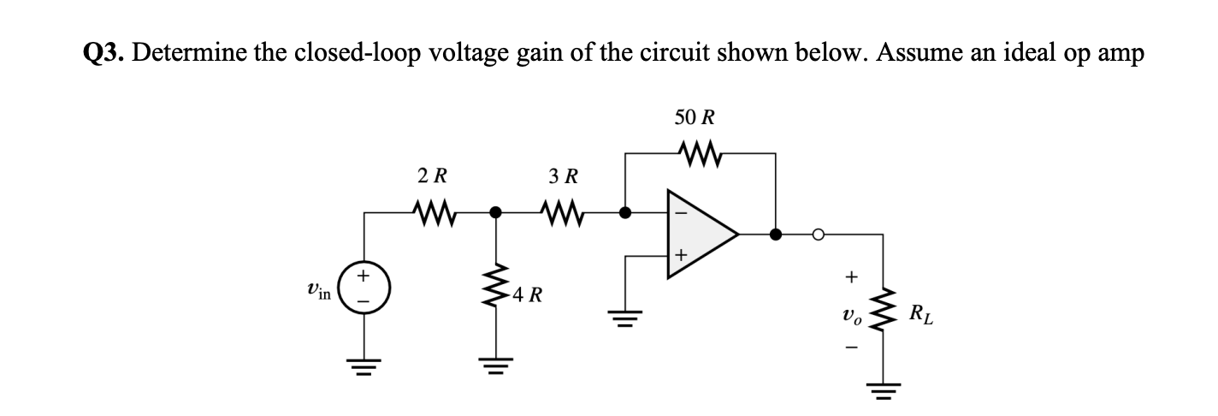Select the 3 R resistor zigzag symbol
[x=561, y=211]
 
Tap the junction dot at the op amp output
[x=776, y=234]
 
